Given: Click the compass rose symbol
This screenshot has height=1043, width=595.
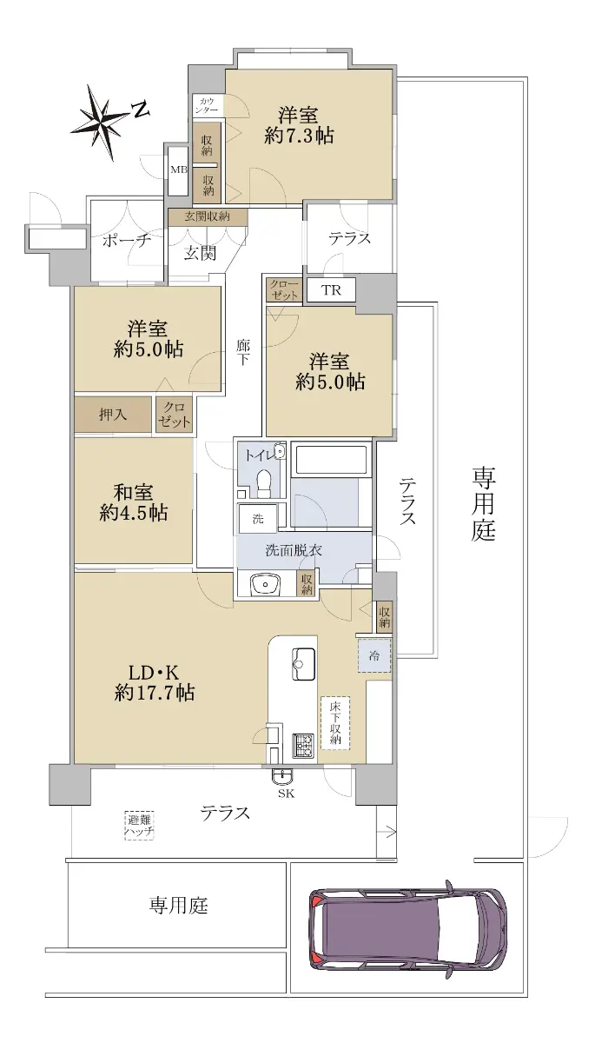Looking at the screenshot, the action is (x=102, y=122).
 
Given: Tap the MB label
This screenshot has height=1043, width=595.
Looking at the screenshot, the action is (x=179, y=170).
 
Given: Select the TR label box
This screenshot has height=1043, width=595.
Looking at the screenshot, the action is (x=332, y=290).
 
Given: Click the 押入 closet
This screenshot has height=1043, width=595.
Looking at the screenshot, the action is (x=113, y=415).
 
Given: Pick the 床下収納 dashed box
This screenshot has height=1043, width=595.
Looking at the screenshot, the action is (x=335, y=722).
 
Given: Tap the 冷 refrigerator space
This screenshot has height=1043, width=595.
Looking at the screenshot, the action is (x=374, y=655).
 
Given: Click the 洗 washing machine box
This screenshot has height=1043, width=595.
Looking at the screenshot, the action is (x=258, y=518).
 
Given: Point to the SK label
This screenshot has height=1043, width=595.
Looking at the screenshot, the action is (x=286, y=794).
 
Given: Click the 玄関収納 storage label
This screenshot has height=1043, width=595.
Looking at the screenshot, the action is (x=208, y=216).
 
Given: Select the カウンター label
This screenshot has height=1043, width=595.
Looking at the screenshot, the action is (x=207, y=105).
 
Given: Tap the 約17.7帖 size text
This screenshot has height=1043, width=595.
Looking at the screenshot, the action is (x=154, y=694).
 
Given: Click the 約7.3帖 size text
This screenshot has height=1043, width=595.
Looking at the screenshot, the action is (x=299, y=136).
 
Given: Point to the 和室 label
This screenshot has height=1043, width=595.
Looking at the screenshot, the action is (x=134, y=492).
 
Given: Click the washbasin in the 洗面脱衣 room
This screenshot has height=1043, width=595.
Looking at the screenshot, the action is (x=267, y=584).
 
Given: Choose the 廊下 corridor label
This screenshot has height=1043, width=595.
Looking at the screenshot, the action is (x=242, y=353).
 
